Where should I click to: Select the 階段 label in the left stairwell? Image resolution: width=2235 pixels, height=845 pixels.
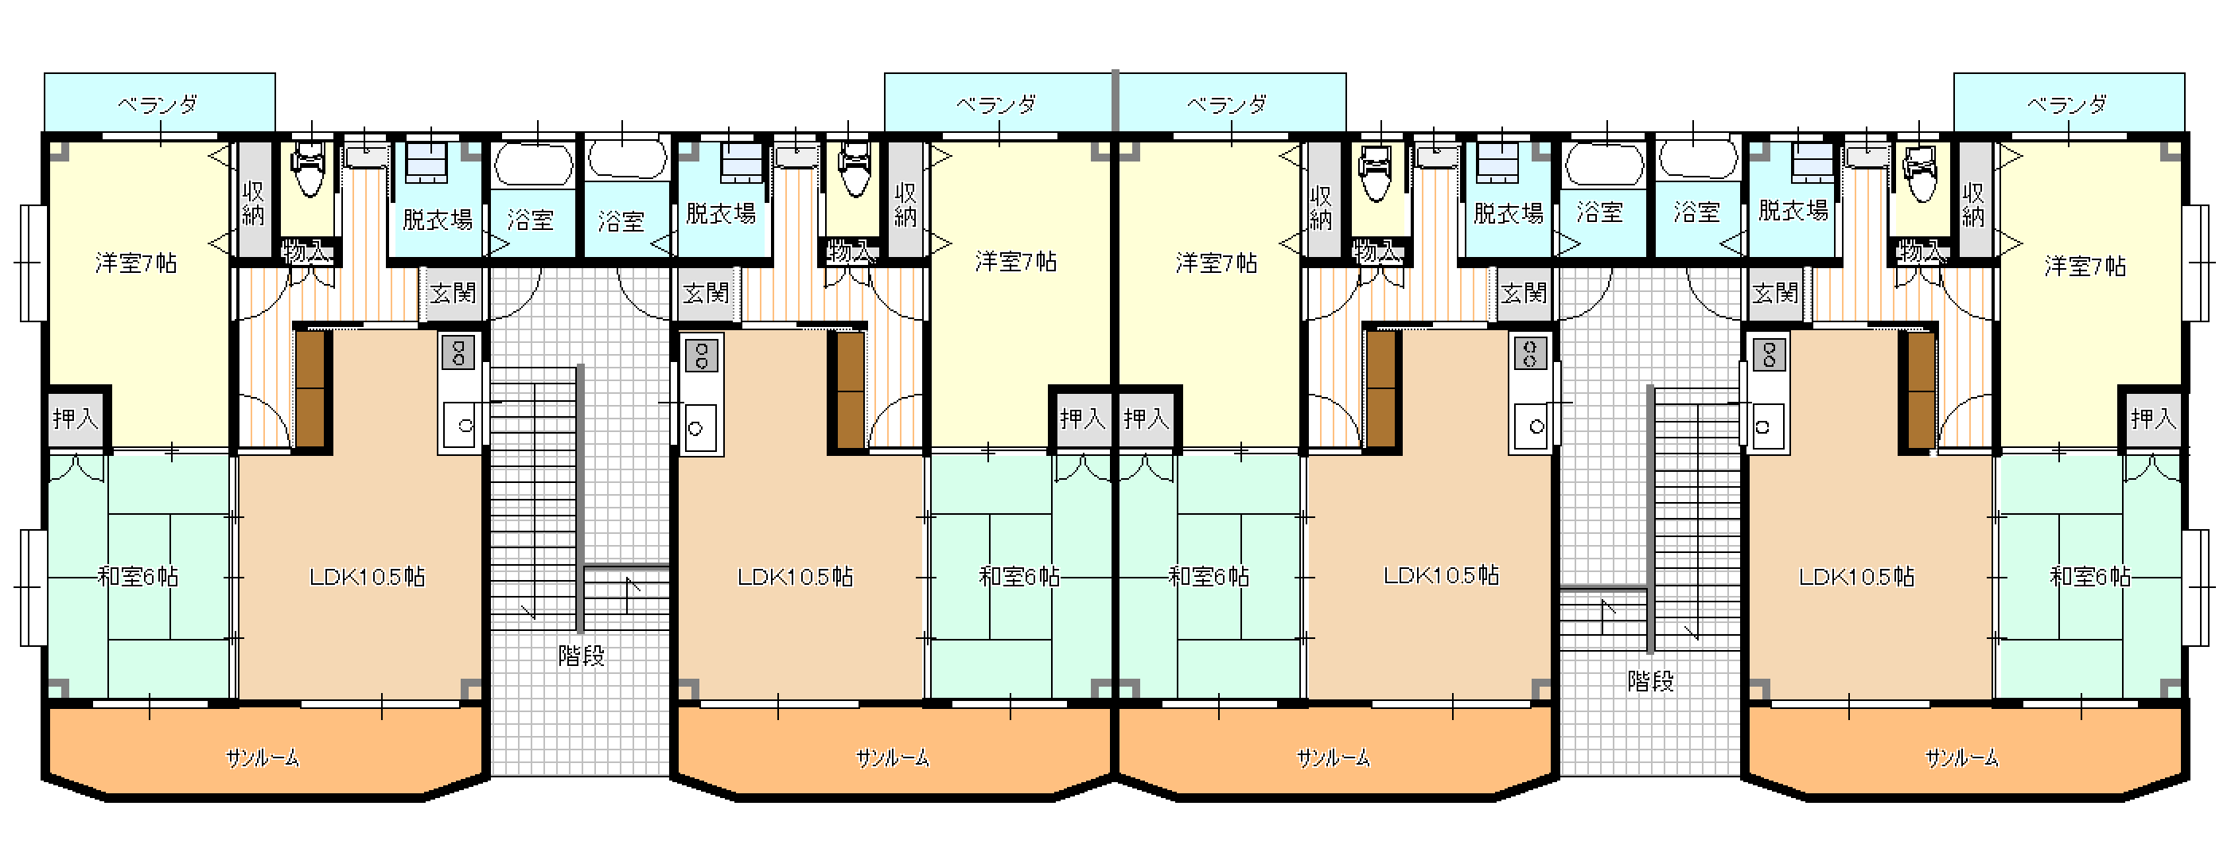tap(582, 655)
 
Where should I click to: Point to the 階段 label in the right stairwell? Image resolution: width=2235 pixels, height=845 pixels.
tap(1650, 681)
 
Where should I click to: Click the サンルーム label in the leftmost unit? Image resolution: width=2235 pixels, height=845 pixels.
tap(263, 758)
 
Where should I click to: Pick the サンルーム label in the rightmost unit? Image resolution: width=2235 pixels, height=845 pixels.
tap(1963, 758)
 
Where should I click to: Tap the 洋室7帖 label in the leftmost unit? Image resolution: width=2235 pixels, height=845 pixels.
tap(136, 263)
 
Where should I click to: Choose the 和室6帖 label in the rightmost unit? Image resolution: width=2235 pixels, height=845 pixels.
tap(2090, 576)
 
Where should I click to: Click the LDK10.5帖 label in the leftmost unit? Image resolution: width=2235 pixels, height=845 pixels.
tap(367, 576)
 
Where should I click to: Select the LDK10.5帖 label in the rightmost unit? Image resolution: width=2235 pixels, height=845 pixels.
tap(1857, 576)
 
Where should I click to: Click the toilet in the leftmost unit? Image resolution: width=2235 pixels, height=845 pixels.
tap(308, 169)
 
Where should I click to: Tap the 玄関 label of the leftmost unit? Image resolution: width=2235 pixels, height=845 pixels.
tap(453, 294)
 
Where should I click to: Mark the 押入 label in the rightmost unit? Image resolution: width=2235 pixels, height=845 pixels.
tap(2153, 419)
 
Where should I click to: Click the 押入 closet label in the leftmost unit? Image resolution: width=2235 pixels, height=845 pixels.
tap(76, 419)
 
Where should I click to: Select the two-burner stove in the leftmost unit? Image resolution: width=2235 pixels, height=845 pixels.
tap(459, 353)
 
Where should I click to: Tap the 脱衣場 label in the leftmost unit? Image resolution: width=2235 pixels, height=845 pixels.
tap(438, 220)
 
